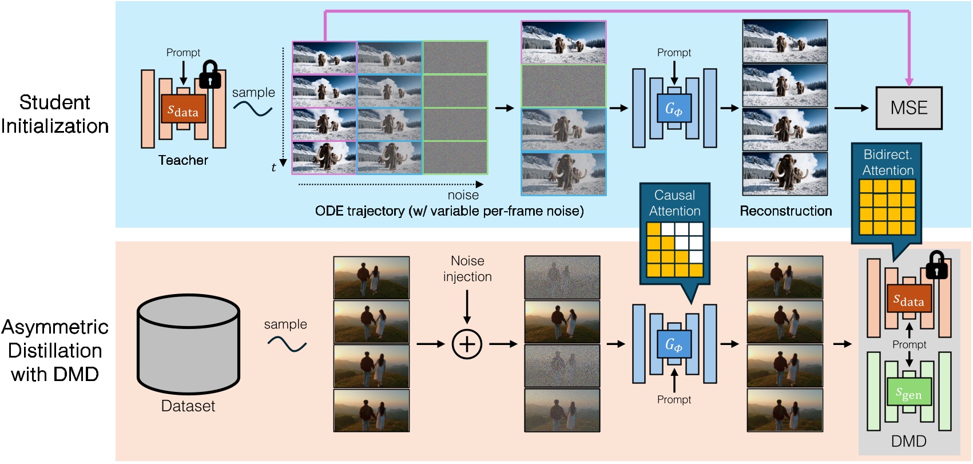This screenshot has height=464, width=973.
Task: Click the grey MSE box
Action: click(908, 108)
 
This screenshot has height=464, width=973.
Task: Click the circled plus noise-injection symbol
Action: click(467, 344)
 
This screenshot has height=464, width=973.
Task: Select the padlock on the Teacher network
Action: click(210, 74)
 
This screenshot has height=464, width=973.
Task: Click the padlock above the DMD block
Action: click(936, 265)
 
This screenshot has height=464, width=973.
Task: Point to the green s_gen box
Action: click(908, 393)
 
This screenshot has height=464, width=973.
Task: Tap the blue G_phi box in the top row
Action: click(674, 108)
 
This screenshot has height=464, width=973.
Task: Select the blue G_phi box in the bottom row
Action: click(674, 344)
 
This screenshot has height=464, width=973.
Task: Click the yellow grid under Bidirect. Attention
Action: click(887, 207)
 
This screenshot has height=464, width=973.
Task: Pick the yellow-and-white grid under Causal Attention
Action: click(674, 250)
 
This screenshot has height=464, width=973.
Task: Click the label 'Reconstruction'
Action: click(785, 211)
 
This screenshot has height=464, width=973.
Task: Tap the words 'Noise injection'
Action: click(467, 269)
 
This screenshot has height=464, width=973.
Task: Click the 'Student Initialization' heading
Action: click(55, 114)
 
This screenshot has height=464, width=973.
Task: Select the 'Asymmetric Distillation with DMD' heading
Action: click(55, 350)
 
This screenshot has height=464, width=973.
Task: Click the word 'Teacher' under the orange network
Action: click(183, 160)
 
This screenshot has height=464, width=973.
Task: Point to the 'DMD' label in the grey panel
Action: click(908, 441)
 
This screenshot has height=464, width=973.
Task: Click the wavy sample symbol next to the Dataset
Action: click(287, 344)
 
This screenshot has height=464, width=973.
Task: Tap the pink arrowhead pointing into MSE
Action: click(909, 82)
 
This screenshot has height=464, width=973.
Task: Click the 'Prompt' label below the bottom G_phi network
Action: click(674, 399)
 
